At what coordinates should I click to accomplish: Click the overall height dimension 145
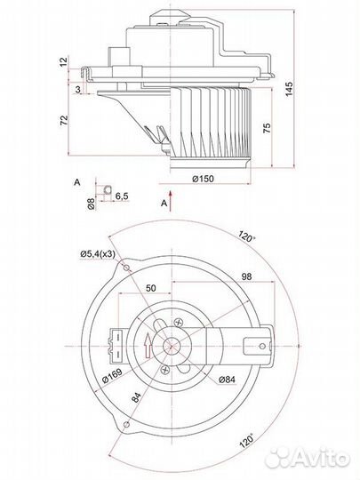pyautogui.click(x=289, y=89)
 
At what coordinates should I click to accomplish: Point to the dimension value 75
pyautogui.click(x=267, y=128)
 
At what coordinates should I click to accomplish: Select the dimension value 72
pyautogui.click(x=64, y=120)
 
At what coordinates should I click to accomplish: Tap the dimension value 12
pyautogui.click(x=63, y=62)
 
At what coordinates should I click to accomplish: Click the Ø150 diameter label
pyautogui.click(x=203, y=179)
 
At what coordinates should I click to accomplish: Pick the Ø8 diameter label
pyautogui.click(x=91, y=204)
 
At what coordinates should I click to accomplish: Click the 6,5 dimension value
pyautogui.click(x=122, y=196)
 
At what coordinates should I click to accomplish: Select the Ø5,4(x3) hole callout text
pyautogui.click(x=98, y=253)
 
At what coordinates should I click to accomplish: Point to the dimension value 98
pyautogui.click(x=246, y=276)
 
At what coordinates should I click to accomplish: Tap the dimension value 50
pyautogui.click(x=150, y=288)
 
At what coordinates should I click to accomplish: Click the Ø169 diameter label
pyautogui.click(x=112, y=376)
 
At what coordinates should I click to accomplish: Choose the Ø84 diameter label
pyautogui.click(x=228, y=380)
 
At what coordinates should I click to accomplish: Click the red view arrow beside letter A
pyautogui.click(x=172, y=201)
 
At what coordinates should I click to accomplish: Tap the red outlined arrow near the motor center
pyautogui.click(x=148, y=346)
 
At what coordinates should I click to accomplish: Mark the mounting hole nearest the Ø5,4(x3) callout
pyautogui.click(x=126, y=268)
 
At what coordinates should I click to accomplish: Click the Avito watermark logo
pyautogui.click(x=307, y=458)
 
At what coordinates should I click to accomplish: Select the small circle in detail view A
pyautogui.click(x=108, y=189)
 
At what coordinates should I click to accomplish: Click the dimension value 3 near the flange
pyautogui.click(x=77, y=90)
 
